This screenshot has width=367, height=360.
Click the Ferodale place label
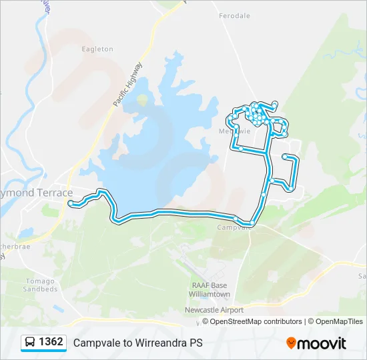click(234, 15)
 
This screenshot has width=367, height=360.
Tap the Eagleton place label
click(97, 49)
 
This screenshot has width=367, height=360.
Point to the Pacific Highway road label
click(127, 85)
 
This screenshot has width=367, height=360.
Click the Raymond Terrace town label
click(37, 193)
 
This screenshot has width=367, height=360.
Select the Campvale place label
click(234, 227)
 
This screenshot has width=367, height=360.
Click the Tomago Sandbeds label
click(40, 285)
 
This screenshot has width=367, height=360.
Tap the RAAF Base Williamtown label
click(206, 289)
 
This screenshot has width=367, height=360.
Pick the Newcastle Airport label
click(214, 310)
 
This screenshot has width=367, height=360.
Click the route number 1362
click(51, 342)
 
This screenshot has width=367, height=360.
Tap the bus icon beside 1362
click(30, 343)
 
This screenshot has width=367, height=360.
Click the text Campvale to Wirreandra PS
click(137, 343)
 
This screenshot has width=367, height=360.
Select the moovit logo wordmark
click(322, 343)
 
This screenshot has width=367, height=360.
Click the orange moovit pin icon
click(291, 343)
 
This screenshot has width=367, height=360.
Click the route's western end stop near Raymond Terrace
click(71, 203)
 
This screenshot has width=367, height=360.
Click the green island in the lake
click(142, 101)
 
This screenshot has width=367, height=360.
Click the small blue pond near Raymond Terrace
click(27, 233)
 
